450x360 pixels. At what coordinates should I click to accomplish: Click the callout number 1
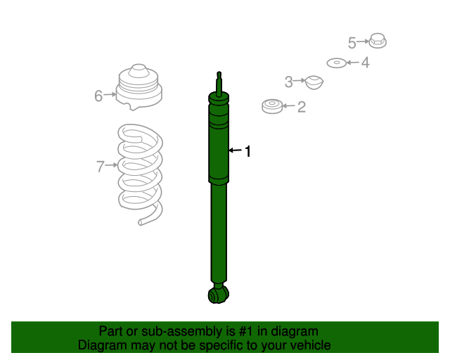248,151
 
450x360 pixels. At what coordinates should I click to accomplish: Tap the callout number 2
302,107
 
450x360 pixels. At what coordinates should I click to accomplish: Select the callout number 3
288,82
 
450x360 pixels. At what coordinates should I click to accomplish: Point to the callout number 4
365,63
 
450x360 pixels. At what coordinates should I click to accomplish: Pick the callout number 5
352,43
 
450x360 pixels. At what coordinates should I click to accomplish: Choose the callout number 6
98,96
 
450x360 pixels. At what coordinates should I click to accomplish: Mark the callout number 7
100,167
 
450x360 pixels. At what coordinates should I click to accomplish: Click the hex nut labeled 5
378,41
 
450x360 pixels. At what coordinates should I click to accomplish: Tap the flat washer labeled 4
337,63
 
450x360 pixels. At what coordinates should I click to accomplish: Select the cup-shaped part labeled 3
314,83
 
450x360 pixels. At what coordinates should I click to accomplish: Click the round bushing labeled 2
272,106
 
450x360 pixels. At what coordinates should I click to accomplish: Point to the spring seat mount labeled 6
139,87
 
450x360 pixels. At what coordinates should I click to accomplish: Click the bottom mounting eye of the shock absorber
219,295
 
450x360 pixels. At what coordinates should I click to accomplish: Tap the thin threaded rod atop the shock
219,83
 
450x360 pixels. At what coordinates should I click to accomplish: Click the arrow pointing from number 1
236,150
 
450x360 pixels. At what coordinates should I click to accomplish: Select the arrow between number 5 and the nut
363,41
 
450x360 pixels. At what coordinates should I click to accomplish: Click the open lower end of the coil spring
141,222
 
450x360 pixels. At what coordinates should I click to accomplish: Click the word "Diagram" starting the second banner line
102,345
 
